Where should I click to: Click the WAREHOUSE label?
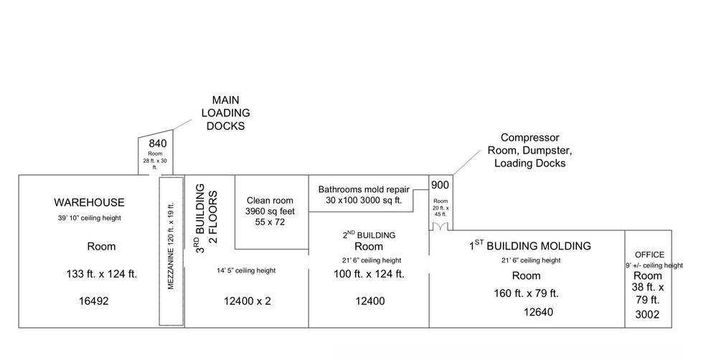[x=89, y=202]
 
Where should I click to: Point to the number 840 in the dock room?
[x=158, y=143]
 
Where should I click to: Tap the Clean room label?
[x=266, y=201]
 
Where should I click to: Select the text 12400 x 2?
[x=248, y=301]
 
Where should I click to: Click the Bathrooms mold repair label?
[x=364, y=189]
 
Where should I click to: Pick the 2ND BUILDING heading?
[x=370, y=235]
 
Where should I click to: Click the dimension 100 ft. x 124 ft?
[x=369, y=273]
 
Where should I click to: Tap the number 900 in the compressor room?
[x=440, y=185]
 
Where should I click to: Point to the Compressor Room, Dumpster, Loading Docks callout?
[x=530, y=150]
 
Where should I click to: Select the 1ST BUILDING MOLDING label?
[x=530, y=246]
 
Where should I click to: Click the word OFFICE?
[x=649, y=255]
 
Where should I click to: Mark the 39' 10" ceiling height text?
[x=89, y=218]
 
